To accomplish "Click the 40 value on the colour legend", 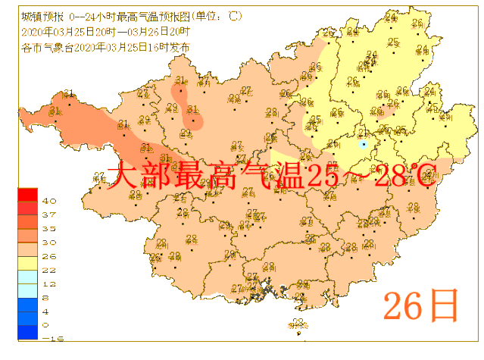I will pyautogui.click(x=48, y=201).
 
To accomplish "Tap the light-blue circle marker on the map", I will pyautogui.click(x=364, y=143).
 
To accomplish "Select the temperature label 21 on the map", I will pyautogui.click(x=363, y=134).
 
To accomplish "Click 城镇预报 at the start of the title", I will pyautogui.click(x=36, y=16).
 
